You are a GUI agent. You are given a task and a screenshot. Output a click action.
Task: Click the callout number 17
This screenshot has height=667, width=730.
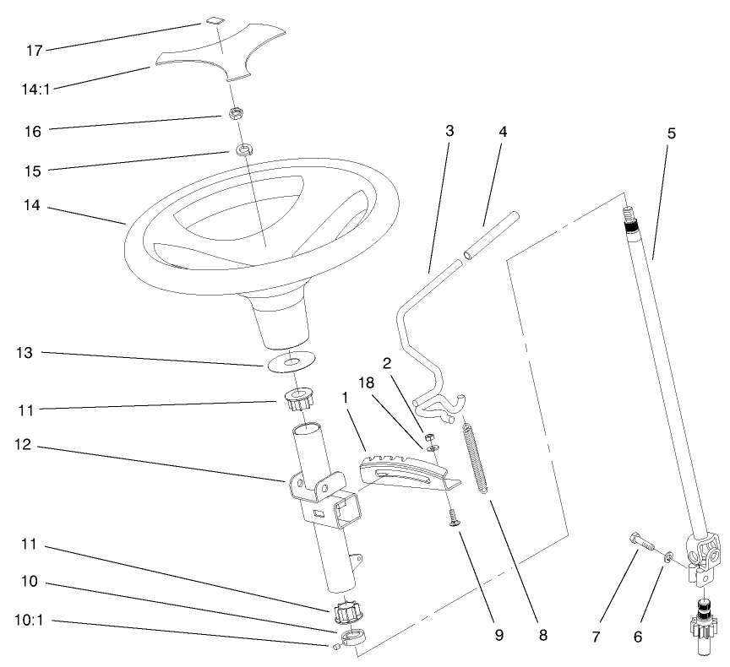[34, 51]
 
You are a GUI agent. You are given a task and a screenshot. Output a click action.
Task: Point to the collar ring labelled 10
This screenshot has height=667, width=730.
[356, 638]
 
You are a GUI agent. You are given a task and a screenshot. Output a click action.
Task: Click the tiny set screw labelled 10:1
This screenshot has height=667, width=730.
[336, 647]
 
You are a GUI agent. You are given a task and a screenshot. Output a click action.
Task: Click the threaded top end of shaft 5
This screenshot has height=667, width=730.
[629, 219]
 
